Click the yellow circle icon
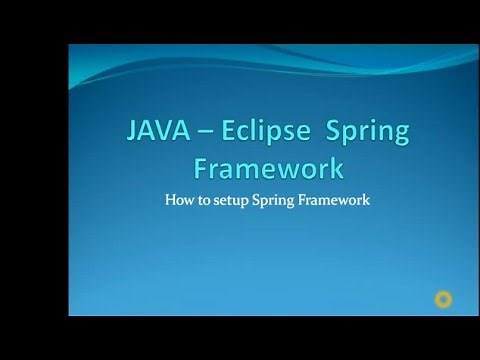click(x=440, y=298)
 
